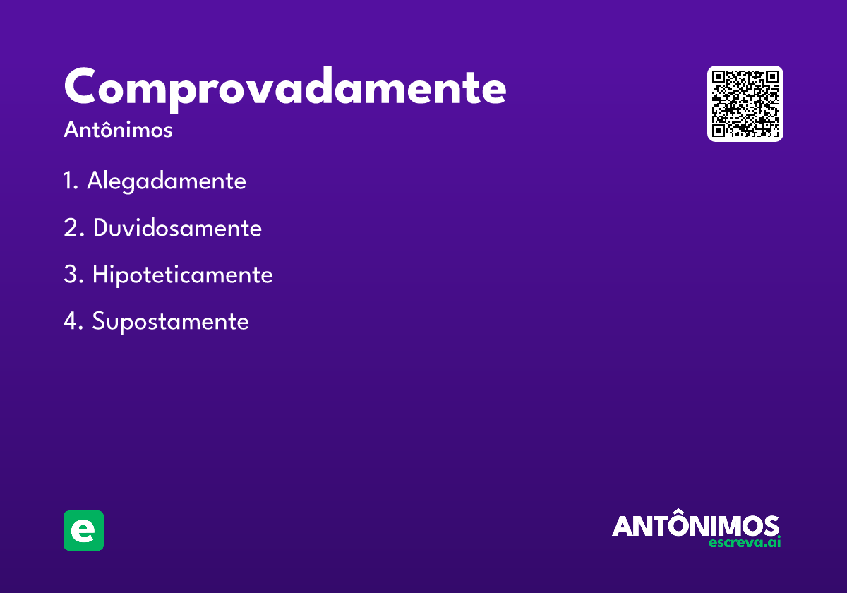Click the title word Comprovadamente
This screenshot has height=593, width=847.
coord(284,88)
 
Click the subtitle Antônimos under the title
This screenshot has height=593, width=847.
coord(118,131)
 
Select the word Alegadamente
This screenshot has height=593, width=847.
coord(167,181)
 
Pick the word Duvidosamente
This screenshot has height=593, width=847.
coord(177,228)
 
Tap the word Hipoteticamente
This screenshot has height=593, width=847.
coord(182,275)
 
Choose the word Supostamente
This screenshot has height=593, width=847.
coord(170,322)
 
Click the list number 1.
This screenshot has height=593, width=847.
coord(69,181)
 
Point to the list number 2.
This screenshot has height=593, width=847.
coord(71,228)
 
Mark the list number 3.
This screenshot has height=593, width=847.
coord(71,275)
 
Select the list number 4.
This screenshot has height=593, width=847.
coord(71,322)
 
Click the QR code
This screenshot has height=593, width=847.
coord(745,104)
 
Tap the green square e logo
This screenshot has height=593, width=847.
coord(83,530)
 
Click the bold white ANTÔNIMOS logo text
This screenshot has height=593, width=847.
coord(695,526)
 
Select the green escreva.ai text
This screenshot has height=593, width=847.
coord(744,543)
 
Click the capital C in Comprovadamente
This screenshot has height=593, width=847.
coord(80,87)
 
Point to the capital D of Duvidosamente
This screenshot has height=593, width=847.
coord(101,228)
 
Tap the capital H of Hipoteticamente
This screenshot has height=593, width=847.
coord(100,275)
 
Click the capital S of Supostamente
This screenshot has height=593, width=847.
coord(99,322)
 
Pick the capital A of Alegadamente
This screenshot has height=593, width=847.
coord(95,181)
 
